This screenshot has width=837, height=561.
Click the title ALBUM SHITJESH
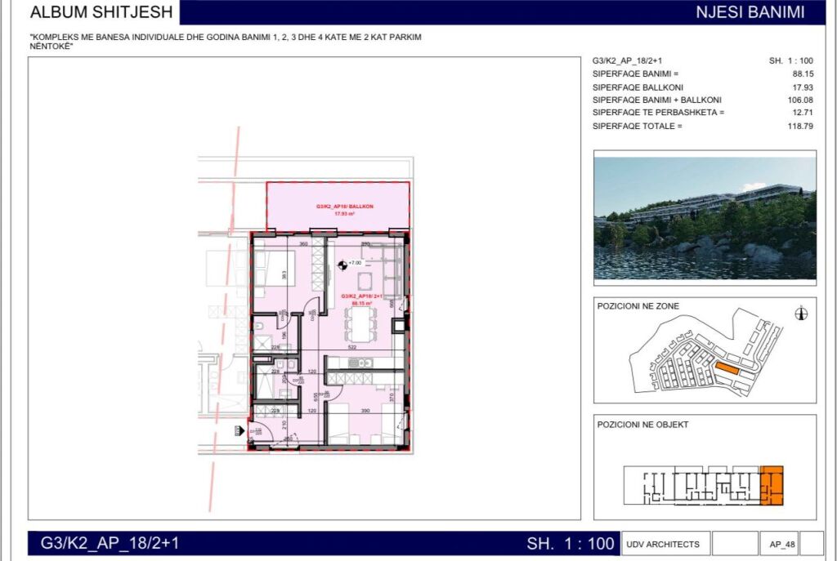(101, 12)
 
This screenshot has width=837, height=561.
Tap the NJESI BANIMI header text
(750, 12)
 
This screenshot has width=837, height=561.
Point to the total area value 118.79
(801, 126)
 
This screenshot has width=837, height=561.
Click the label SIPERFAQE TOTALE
(637, 126)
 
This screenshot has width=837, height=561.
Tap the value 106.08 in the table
(801, 100)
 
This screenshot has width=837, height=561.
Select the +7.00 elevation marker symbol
(342, 264)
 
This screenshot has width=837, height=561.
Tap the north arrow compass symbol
(802, 314)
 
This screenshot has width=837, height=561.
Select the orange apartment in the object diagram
(772, 486)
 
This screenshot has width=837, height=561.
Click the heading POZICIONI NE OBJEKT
(642, 425)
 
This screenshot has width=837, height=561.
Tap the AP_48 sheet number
(783, 544)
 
